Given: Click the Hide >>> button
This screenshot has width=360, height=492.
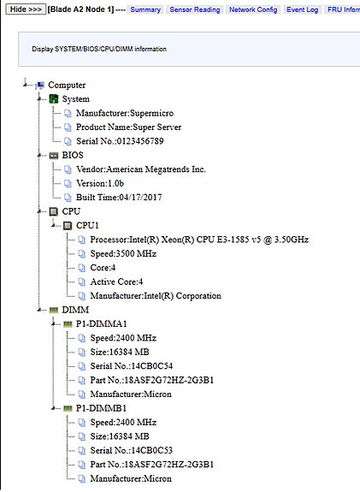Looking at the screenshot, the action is [26, 9].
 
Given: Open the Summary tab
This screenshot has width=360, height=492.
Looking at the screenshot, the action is [145, 9].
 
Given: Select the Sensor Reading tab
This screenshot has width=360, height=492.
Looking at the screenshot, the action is [195, 9].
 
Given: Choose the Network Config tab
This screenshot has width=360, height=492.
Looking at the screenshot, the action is [253, 9].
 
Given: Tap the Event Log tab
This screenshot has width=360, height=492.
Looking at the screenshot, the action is [302, 9].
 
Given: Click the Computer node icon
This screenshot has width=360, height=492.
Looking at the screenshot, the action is [40, 85].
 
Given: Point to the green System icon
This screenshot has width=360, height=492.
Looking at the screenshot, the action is [54, 99].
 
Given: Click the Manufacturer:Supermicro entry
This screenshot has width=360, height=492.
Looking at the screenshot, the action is [125, 113].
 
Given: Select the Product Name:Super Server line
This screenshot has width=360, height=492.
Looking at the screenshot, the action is [128, 127].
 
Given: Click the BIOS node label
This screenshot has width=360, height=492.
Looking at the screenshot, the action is [73, 155].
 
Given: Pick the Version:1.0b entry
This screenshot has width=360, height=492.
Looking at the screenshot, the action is [100, 183].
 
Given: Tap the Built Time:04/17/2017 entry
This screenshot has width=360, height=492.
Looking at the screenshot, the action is [119, 198].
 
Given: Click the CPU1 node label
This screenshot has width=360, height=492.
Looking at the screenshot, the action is [87, 225].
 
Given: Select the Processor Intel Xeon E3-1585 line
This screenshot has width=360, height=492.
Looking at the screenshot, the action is [199, 240].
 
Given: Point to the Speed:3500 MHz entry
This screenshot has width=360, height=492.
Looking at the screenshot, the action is [123, 253].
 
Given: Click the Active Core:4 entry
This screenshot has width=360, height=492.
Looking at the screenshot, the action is [116, 282].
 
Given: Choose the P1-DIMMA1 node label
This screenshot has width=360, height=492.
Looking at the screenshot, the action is [101, 323].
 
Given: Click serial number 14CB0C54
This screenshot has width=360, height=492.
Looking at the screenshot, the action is [132, 366].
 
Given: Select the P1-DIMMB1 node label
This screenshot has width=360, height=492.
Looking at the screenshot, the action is [101, 408].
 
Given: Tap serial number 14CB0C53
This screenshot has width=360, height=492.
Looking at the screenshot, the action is [132, 451].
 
